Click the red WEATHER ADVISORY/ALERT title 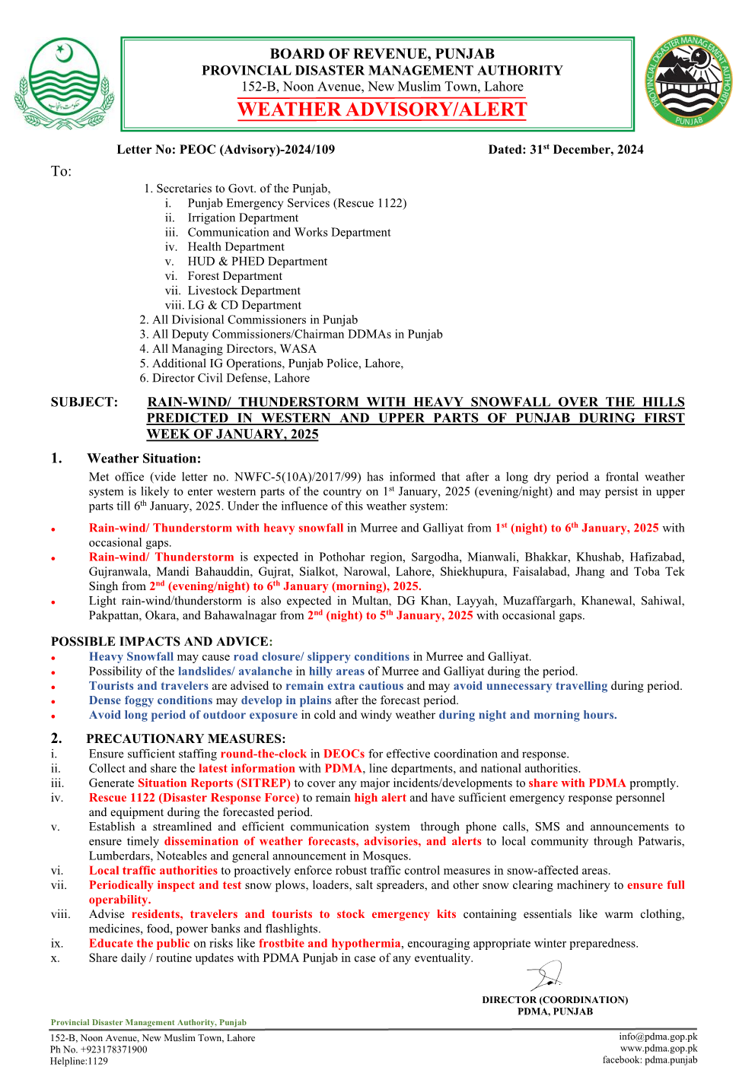point(382,110)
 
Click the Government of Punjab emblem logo point(63,84)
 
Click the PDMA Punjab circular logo point(689,81)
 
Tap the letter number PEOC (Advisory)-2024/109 point(256,150)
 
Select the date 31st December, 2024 point(586,150)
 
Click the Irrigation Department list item point(243,218)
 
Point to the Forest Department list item point(234,276)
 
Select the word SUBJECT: point(84,402)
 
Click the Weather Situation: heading point(144,459)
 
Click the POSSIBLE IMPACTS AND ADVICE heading point(161,641)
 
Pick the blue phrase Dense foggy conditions point(151,700)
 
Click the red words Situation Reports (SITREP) point(214,783)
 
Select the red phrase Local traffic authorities point(153,871)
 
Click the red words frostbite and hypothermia point(329,944)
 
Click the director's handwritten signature point(546,976)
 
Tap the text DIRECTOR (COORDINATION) point(555,1000)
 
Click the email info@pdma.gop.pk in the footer point(658,1037)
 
